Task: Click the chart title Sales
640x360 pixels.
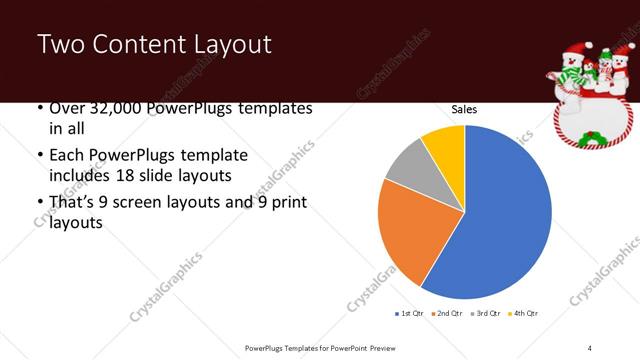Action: pos(464,109)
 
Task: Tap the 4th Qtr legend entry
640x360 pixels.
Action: pos(526,314)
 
